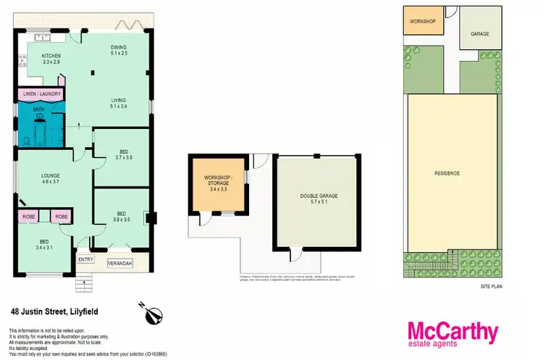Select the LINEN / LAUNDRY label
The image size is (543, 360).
pyautogui.click(x=41, y=94)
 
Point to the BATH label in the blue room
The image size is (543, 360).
pyautogui.click(x=38, y=110)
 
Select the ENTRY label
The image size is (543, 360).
pyautogui.click(x=85, y=260)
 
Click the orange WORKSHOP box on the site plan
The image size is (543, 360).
pyautogui.click(x=422, y=22)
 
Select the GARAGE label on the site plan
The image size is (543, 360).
pyautogui.click(x=480, y=33)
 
